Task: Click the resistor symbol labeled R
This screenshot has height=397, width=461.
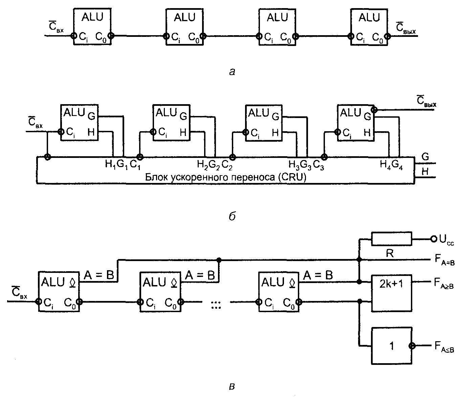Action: click(x=392, y=239)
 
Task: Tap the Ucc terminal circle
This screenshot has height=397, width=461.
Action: click(x=434, y=239)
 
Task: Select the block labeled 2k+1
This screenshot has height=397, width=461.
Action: click(x=392, y=283)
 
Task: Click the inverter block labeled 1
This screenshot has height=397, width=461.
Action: click(x=392, y=346)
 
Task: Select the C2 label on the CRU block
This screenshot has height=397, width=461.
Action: click(x=226, y=165)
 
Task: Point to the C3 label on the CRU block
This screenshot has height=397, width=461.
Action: click(x=319, y=165)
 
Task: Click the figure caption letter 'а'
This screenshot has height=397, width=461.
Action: click(x=232, y=71)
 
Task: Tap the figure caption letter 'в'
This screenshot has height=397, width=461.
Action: click(x=232, y=386)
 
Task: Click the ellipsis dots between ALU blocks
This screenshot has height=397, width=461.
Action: click(x=216, y=305)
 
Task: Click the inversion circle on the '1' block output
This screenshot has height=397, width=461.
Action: click(x=412, y=346)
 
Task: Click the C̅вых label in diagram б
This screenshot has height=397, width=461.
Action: click(x=426, y=102)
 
